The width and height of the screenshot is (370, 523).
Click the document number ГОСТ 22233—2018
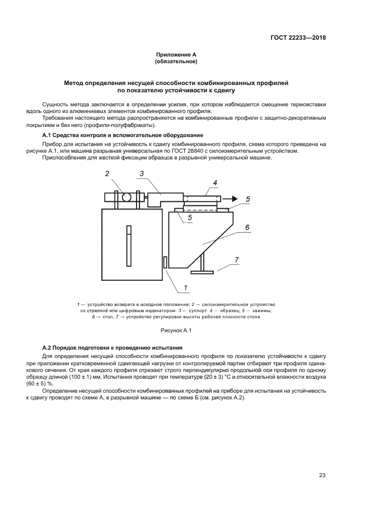pos(297,38)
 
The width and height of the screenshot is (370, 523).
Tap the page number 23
pos(322,475)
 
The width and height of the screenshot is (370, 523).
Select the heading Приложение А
pos(176,54)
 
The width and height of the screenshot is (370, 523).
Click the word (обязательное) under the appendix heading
pos(176,61)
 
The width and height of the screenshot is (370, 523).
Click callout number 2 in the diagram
pos(106,174)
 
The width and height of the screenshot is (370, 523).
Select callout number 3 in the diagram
pos(142,174)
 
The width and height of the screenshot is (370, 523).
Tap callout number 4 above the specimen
pos(214,182)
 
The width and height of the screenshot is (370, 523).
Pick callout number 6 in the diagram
pos(247,228)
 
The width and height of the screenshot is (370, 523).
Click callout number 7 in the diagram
pos(237,260)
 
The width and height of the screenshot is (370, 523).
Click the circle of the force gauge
pos(127,197)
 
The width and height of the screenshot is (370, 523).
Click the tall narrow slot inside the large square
pos(128,246)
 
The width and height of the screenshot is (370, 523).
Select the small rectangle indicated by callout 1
pos(165,262)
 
